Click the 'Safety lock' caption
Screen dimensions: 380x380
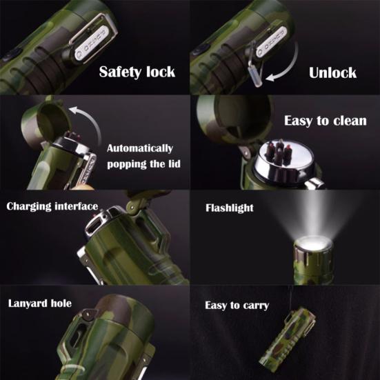point(137,72)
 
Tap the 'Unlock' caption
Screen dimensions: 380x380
point(332,72)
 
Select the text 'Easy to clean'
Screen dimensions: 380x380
point(325,121)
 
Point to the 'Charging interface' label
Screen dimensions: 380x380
point(52,206)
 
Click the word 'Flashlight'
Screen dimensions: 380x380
point(230,207)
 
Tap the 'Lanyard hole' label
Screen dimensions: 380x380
point(40,303)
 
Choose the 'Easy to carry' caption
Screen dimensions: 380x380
point(237,305)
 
